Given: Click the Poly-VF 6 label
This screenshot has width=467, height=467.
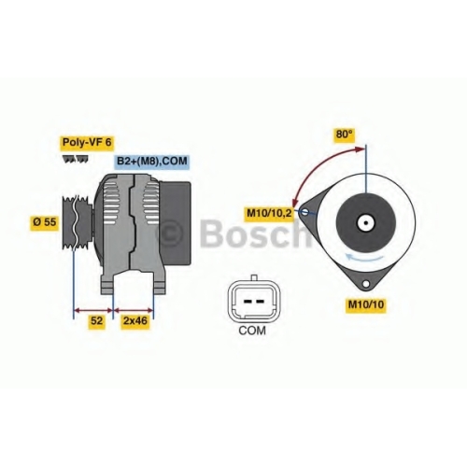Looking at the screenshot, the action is [87, 143].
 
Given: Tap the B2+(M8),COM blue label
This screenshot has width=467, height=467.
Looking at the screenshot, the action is [151, 162].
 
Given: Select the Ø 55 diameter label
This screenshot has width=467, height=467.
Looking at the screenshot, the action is [44, 222].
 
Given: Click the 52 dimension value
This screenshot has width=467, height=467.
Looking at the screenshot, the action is [96, 320].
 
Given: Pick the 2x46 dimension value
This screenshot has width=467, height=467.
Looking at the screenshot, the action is [135, 320].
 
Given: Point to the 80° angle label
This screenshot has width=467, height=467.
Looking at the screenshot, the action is [345, 134].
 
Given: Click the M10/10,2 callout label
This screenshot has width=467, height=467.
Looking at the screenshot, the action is [269, 214].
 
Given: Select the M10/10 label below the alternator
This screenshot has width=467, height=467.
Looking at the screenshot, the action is [366, 304].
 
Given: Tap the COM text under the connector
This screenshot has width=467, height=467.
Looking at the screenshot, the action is [252, 331].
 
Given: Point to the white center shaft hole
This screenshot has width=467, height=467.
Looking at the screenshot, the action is [366, 223].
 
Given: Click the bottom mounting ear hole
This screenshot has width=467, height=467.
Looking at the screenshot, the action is [366, 284].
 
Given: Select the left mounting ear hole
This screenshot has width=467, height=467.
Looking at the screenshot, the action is [305, 212].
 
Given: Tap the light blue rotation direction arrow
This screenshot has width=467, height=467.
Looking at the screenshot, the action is [365, 258].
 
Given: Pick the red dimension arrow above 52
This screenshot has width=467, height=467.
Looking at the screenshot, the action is [93, 310].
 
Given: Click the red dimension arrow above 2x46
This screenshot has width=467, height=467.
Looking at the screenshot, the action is [134, 310].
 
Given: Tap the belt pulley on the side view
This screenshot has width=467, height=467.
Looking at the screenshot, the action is [77, 222].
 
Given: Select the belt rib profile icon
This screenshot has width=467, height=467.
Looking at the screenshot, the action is [76, 159].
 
